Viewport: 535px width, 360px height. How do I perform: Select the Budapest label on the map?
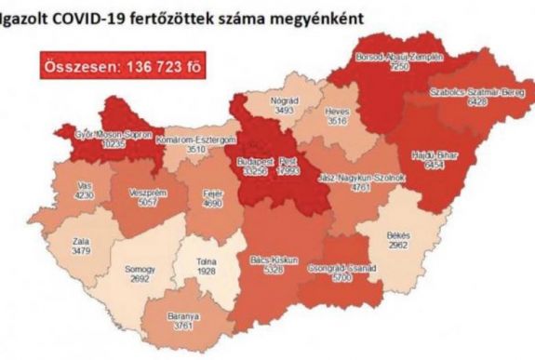(x=255, y=160)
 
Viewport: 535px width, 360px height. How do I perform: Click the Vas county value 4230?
(x=83, y=194)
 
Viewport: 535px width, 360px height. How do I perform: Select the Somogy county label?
(x=140, y=270)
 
